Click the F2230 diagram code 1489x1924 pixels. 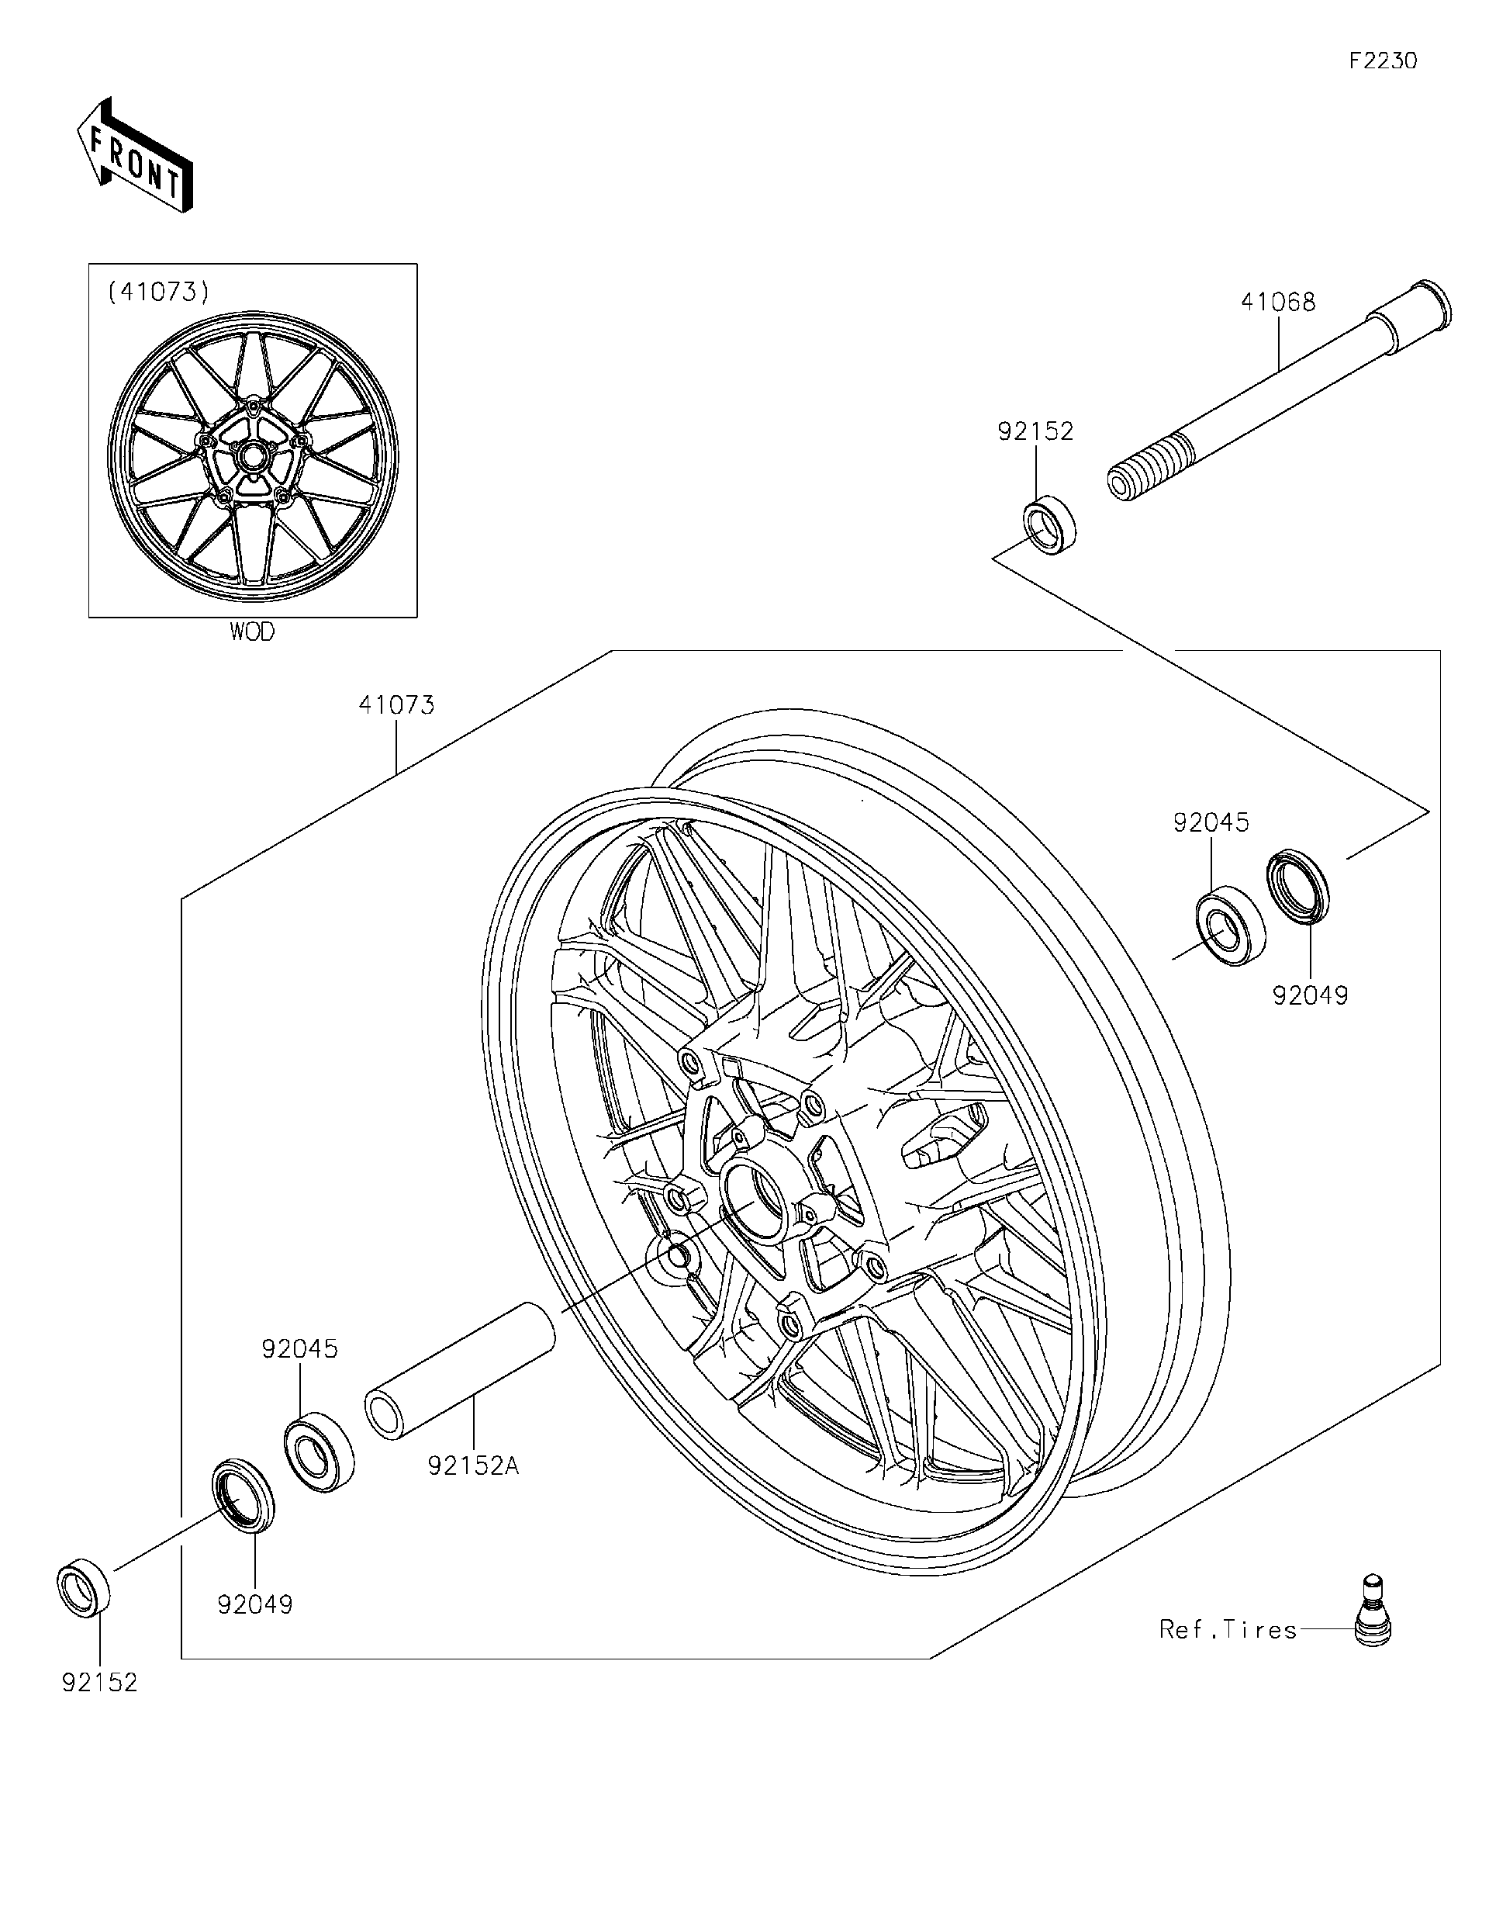(x=1384, y=61)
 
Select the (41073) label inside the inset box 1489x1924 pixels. (x=158, y=292)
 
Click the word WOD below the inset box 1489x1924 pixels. (x=252, y=632)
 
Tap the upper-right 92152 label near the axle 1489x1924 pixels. (x=1035, y=431)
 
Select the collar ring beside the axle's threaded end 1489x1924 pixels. (x=1052, y=525)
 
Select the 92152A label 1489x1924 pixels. (x=473, y=1466)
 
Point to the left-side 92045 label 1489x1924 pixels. (x=299, y=1348)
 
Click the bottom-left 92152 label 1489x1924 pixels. (x=99, y=1683)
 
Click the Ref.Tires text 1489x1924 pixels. (x=1228, y=1630)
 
